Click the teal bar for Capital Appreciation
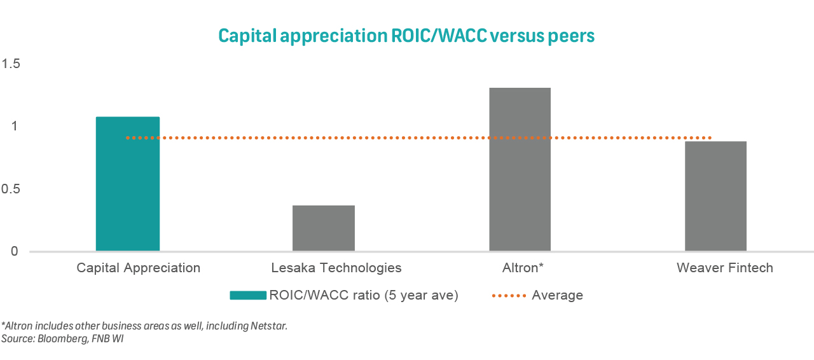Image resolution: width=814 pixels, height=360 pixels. [x=128, y=184]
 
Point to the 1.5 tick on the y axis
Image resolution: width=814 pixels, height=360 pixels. [x=11, y=64]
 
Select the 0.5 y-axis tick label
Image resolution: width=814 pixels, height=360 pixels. [x=11, y=189]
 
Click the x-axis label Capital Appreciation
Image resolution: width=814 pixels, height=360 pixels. [x=139, y=268]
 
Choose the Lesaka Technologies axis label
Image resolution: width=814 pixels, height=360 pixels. [x=336, y=268]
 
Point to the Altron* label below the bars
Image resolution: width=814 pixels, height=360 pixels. [x=522, y=268]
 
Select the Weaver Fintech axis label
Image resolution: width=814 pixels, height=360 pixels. [x=725, y=268]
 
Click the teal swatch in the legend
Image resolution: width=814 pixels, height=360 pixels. [x=247, y=295]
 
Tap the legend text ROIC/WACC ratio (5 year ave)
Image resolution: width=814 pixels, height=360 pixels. [x=364, y=295]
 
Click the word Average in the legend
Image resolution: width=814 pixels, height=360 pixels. [x=557, y=295]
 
